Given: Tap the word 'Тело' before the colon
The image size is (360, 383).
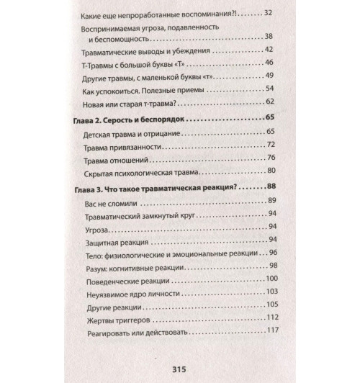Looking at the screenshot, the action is point(95,254).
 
